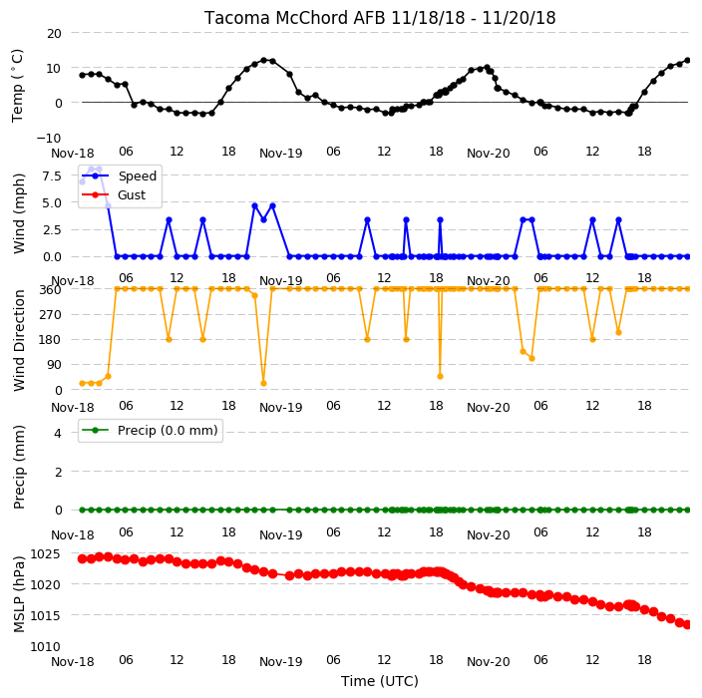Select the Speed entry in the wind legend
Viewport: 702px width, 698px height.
tap(137, 175)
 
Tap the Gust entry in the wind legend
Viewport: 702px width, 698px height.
tap(132, 194)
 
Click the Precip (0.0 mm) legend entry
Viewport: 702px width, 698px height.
tap(168, 430)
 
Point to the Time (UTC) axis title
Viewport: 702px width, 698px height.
tap(380, 681)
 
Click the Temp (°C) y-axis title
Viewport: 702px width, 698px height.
tap(18, 86)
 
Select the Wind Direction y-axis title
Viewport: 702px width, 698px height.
tap(19, 341)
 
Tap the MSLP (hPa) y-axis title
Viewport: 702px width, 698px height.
tap(19, 594)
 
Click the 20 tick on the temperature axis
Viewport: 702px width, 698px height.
tap(54, 33)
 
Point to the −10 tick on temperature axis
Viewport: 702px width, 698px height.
tap(49, 138)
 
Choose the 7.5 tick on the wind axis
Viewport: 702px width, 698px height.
tap(52, 175)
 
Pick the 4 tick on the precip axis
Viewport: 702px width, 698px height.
tap(58, 433)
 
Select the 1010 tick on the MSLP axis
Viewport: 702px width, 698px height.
tap(45, 646)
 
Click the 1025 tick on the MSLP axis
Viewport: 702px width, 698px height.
tap(45, 554)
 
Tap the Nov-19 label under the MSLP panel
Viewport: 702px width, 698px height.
tap(281, 662)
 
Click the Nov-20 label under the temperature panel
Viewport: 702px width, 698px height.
tap(488, 154)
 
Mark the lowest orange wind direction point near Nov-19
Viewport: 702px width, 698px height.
tap(263, 383)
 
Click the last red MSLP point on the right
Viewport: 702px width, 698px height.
tap(687, 624)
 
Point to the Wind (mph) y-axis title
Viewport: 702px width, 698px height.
tap(19, 213)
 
